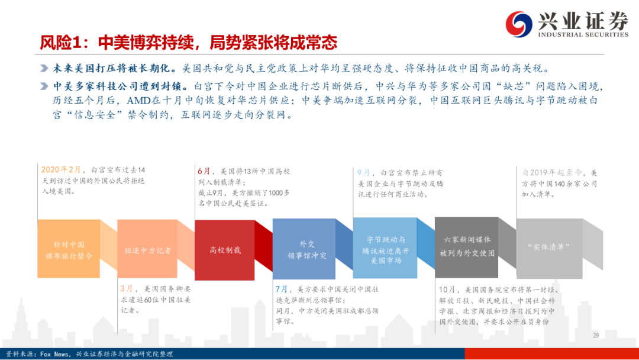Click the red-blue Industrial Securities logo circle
point(519,24)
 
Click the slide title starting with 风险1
point(188,43)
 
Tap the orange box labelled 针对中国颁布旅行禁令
point(69,249)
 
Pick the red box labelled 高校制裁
point(225,250)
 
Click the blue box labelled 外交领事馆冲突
point(304,249)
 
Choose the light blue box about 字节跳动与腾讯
point(385,248)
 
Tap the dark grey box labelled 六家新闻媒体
point(467,247)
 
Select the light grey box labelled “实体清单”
point(549,248)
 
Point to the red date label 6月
point(204,171)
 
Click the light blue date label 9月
point(363,172)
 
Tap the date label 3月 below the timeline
point(127,289)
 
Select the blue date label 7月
point(282,289)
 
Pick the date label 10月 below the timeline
point(447,289)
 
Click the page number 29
point(596,335)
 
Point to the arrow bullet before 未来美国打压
point(44,68)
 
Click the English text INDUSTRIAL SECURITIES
point(583,34)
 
